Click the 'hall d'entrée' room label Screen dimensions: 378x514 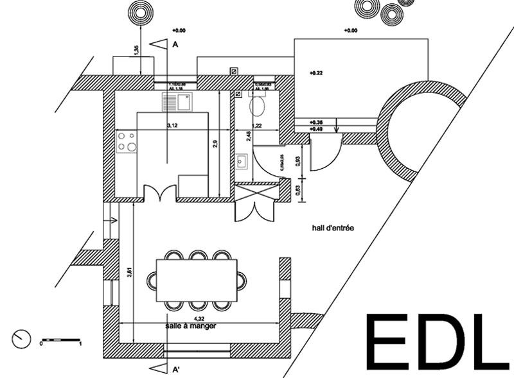(333, 228)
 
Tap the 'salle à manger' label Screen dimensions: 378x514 (191, 326)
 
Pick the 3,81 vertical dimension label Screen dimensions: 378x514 (130, 271)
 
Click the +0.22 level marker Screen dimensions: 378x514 (315, 73)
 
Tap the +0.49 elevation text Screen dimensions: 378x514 (316, 129)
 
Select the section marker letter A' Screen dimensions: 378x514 (174, 370)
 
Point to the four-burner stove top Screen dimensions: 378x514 (127, 141)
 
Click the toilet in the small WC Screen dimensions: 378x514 (258, 106)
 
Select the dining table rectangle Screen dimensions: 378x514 (197, 280)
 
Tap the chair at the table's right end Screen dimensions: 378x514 (242, 280)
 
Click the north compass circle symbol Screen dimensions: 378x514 (21, 338)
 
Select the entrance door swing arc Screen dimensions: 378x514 (326, 157)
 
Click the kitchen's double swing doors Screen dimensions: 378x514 (159, 193)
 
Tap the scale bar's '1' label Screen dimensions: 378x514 (81, 345)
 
